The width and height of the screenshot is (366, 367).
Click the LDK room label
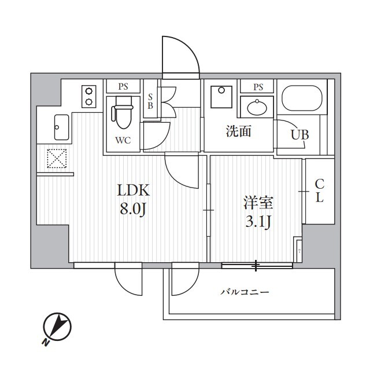pyautogui.click(x=133, y=190)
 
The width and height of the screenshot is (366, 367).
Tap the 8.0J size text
pyautogui.click(x=133, y=209)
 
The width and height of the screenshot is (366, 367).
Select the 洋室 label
pyautogui.click(x=258, y=203)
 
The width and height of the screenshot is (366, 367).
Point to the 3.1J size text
pyautogui.click(x=258, y=222)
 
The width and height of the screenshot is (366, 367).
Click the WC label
pyautogui.click(x=123, y=141)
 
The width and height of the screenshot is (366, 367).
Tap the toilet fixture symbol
pyautogui.click(x=123, y=112)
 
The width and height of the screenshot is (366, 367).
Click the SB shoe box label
pyautogui.click(x=150, y=101)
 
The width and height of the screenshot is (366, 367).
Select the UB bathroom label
pyautogui.click(x=300, y=135)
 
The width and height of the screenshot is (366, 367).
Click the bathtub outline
pyautogui.click(x=302, y=98)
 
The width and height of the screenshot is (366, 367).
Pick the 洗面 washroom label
pyautogui.click(x=239, y=131)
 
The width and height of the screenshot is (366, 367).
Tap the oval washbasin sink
pyautogui.click(x=257, y=108)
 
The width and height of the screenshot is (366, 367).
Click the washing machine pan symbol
pyautogui.click(x=221, y=97)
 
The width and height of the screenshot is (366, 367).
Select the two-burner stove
pyautogui.click(x=89, y=97)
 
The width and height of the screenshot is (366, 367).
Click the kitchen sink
pyautogui.click(x=61, y=127)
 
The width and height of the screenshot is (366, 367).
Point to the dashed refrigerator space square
pyautogui.click(x=57, y=159)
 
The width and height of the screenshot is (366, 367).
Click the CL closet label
pyautogui.click(x=319, y=191)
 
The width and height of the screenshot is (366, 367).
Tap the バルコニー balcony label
pyautogui.click(x=245, y=292)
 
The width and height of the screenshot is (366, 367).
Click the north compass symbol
pyautogui.click(x=57, y=326)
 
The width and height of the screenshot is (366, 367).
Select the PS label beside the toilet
pyautogui.click(x=123, y=87)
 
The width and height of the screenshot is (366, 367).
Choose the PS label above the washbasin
pyautogui.click(x=258, y=87)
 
